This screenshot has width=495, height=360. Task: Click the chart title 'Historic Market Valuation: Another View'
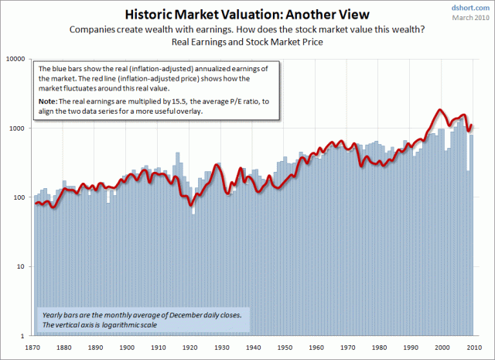click(247, 15)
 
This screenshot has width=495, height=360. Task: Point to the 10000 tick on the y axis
click(17, 59)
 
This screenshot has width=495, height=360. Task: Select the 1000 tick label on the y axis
click(19, 128)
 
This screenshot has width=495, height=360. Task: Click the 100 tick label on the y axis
click(21, 197)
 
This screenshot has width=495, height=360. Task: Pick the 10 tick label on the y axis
click(23, 267)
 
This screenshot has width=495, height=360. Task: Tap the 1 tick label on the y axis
click(26, 337)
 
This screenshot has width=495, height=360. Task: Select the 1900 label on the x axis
click(130, 348)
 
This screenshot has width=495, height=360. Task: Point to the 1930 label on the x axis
click(224, 348)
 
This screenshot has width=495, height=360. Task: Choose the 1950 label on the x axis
click(286, 348)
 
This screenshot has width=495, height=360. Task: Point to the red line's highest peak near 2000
click(441, 110)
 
